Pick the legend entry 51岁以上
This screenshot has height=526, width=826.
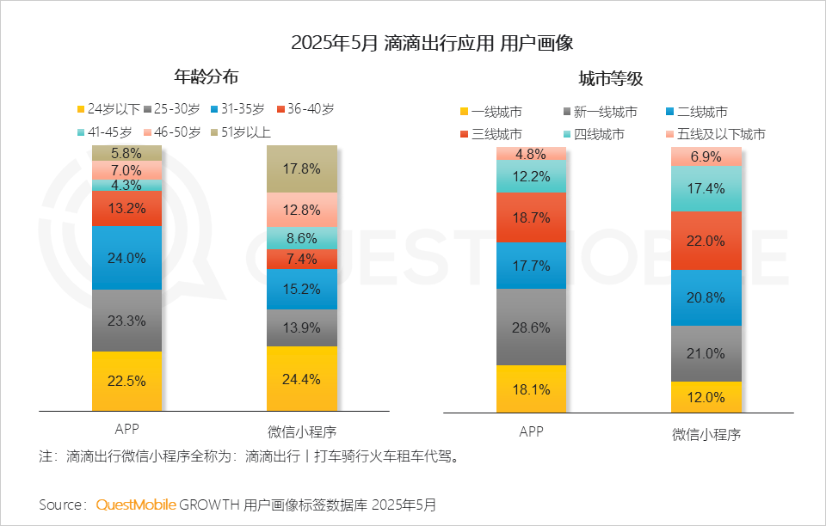[245, 132]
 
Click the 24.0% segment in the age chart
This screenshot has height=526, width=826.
[126, 257]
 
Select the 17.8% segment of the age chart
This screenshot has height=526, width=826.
[301, 168]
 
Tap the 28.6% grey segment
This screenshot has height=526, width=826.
[531, 327]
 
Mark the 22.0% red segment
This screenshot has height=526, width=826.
[706, 241]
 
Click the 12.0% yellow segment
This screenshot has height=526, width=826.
[706, 397]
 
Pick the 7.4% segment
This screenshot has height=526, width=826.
[301, 259]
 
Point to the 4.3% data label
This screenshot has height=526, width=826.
[126, 185]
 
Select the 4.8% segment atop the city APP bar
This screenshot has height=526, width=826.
[531, 154]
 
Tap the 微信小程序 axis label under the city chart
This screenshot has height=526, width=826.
[706, 434]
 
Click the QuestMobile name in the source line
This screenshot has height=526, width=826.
[135, 505]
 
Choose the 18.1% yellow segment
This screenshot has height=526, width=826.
[531, 389]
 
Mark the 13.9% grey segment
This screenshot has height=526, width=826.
[301, 327]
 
